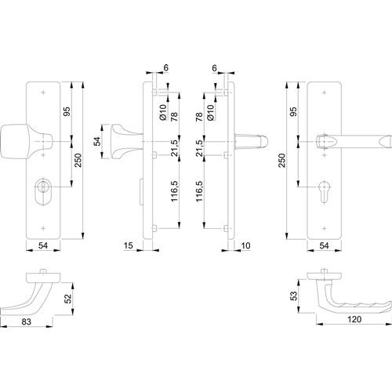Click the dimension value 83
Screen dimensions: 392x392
pos(27,321)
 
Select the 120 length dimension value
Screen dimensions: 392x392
pos(354,319)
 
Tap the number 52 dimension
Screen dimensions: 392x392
pos(67,299)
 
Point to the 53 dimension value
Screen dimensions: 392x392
pos(294,296)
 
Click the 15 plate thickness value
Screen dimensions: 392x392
pos(128,245)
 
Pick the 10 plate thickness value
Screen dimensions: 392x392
pos(245,245)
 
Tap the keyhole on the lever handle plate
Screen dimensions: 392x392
pos(324,192)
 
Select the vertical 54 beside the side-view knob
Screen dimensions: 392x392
pos(97,141)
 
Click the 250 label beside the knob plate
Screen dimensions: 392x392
pos(78,160)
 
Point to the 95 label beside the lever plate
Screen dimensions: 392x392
pos(294,112)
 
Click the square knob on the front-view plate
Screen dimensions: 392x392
pos(26,142)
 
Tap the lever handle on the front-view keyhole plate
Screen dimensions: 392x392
pos(354,142)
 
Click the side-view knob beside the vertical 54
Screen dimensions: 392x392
pos(125,142)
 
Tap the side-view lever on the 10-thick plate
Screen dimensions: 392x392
pos(251,141)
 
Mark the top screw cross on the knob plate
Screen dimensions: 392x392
pos(44,93)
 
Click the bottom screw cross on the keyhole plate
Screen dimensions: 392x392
pos(325,228)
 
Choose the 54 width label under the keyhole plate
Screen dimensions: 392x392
pos(324,245)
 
